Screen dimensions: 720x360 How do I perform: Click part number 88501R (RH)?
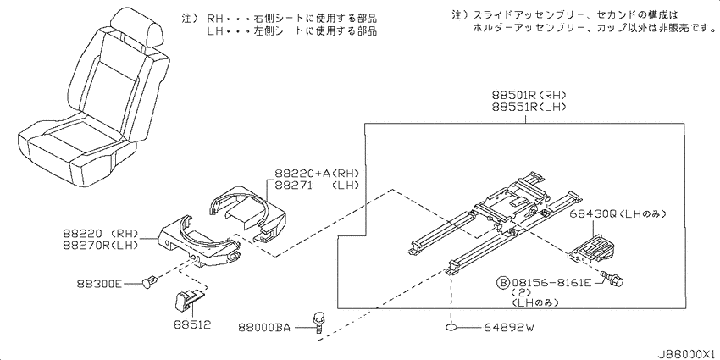coord(529,96)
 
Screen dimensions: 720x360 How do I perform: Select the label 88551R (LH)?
coord(529,108)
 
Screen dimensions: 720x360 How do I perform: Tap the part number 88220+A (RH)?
coord(317,174)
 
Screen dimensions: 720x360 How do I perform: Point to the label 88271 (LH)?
coord(317,186)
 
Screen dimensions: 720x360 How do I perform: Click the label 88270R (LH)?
coord(101,245)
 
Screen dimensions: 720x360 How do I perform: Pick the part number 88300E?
coord(99,284)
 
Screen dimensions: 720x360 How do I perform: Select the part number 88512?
coord(192,324)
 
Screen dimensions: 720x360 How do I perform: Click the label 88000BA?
coord(264,328)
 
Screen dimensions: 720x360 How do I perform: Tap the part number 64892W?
coord(509,328)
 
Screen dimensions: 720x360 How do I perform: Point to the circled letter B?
coord(504,280)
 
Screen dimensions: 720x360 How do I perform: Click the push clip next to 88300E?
coord(151,280)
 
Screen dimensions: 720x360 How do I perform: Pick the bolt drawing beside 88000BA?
coord(317,325)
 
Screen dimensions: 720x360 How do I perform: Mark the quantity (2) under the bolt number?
coord(522,292)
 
